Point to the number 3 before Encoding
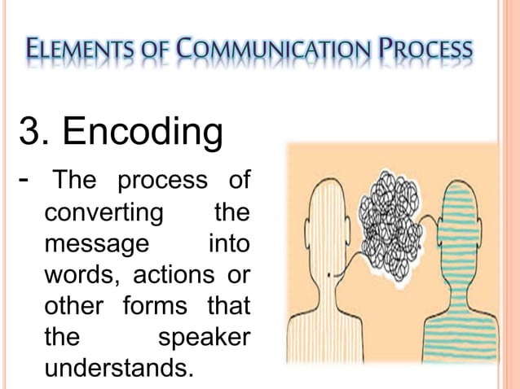29,133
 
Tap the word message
95,245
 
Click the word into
229,244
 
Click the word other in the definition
77,307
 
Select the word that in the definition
229,307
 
